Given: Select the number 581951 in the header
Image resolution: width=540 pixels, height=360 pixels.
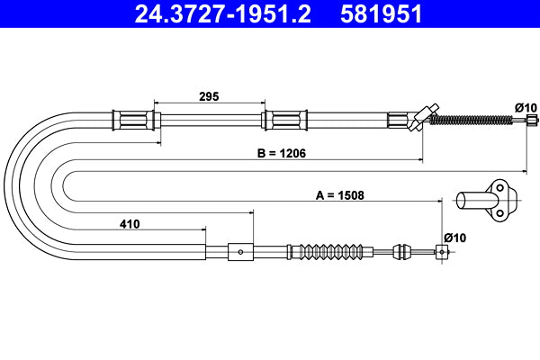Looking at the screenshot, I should (380, 15).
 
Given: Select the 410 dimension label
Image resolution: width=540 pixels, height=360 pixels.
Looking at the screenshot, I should (129, 225).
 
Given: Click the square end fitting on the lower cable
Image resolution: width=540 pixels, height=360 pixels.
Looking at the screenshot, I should (441, 252).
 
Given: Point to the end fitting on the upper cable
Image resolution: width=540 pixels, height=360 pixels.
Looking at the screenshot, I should (533, 119).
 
